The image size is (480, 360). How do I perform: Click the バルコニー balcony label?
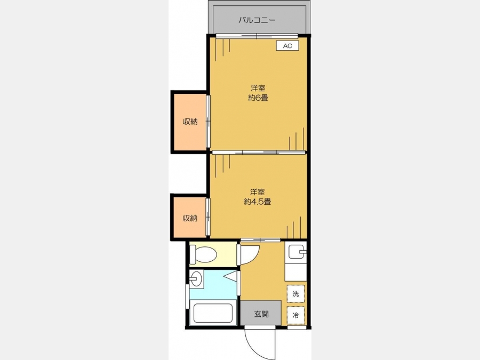pyautogui.click(x=257, y=20)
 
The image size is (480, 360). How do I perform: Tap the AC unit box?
pyautogui.click(x=287, y=46)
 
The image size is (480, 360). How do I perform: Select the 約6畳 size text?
pyautogui.click(x=258, y=98)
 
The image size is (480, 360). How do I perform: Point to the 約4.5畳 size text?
pyautogui.click(x=258, y=202)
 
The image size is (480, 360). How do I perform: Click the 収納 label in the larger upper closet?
pyautogui.click(x=190, y=122)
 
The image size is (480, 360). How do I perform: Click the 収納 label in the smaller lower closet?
pyautogui.click(x=190, y=218)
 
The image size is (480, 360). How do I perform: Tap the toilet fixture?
pyautogui.click(x=203, y=254)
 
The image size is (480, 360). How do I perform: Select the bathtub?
pyautogui.click(x=213, y=312)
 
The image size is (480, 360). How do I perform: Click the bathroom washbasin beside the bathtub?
pyautogui.click(x=195, y=278)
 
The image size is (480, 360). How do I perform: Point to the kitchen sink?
pyautogui.click(x=295, y=252)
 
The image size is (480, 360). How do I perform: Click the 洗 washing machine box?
pyautogui.click(x=295, y=293)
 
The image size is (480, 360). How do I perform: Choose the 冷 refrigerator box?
pyautogui.click(x=295, y=315)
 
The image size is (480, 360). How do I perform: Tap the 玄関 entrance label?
pyautogui.click(x=261, y=314)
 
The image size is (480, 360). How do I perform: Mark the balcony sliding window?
pyautogui.click(x=257, y=36)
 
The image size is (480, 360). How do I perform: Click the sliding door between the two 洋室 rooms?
pyautogui.click(x=259, y=152)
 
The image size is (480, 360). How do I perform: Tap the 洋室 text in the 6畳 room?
pyautogui.click(x=258, y=88)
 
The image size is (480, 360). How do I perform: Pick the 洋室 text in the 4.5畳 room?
pyautogui.click(x=258, y=192)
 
